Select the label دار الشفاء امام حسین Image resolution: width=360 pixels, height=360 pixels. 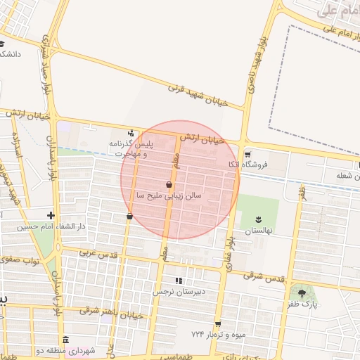(x=51, y=227)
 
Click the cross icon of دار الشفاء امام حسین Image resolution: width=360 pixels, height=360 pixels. (x=50, y=216)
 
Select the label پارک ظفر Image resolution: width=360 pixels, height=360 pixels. (x=303, y=305)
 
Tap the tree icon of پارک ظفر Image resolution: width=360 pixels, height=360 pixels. (x=302, y=293)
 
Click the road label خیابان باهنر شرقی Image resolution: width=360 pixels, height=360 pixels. (x=112, y=313)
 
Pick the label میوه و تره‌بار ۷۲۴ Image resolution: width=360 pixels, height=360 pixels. (x=219, y=334)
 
